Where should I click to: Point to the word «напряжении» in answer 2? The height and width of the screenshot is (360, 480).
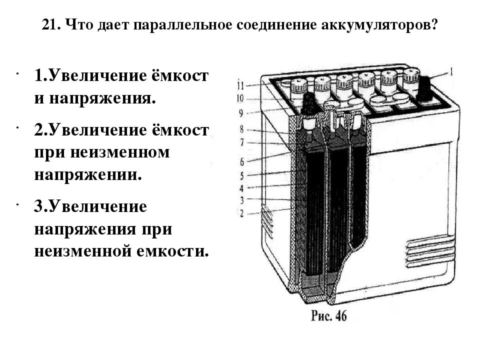click(84, 174)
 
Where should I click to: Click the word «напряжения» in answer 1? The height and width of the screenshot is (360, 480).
click(100, 98)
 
